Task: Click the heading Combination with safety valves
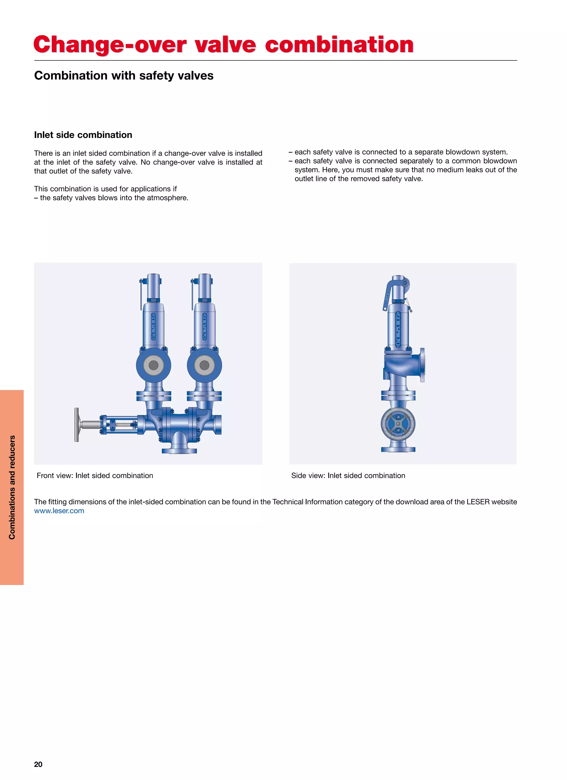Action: click(123, 75)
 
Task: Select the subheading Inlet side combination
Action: click(83, 135)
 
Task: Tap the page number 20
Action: click(38, 764)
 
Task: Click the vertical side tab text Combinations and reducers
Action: click(12, 487)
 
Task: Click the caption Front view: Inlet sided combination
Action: click(95, 476)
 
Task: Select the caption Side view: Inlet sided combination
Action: click(348, 476)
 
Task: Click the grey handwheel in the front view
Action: click(76, 425)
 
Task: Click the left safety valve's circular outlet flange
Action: click(153, 365)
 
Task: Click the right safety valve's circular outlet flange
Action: click(204, 365)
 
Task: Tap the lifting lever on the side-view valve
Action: click(387, 294)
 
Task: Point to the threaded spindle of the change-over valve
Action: click(123, 425)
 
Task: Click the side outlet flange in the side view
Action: click(422, 365)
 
